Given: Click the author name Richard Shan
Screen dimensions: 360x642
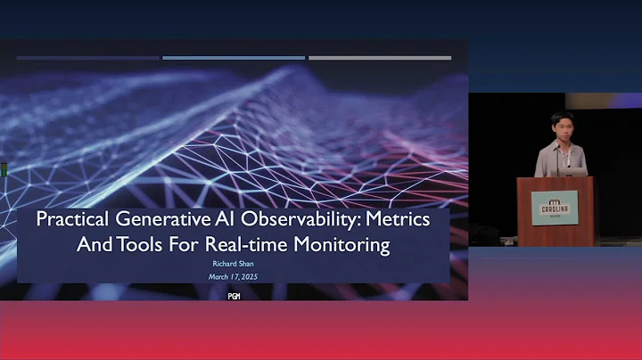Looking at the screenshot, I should [234, 265].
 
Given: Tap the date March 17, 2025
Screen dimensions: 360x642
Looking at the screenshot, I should [234, 277].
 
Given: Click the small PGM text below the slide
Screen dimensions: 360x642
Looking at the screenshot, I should [234, 296].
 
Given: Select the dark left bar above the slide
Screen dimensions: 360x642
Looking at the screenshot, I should [87, 58].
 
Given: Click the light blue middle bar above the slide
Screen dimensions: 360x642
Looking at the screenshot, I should [234, 58].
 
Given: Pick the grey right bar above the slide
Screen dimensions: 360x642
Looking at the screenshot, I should [380, 58].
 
